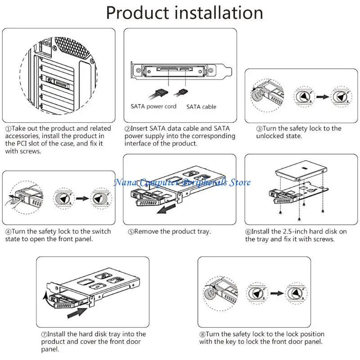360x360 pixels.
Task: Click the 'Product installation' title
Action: point(184,13)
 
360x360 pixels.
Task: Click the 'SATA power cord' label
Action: point(153,107)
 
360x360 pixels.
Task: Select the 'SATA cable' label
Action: point(201,107)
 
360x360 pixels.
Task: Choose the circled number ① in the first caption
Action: point(8,129)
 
